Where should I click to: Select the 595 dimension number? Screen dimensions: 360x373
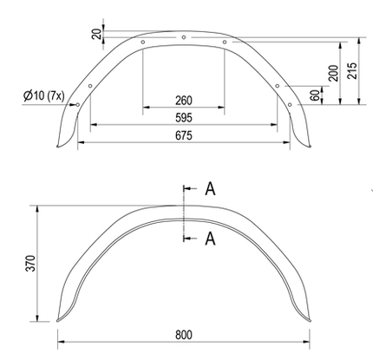click(x=183, y=117)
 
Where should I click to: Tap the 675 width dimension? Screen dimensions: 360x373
click(x=183, y=135)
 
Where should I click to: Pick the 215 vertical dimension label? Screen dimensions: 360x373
click(x=350, y=71)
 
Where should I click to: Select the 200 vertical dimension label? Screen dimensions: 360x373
click(x=333, y=74)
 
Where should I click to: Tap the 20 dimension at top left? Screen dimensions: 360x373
click(x=95, y=33)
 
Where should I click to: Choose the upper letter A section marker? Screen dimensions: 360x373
click(x=210, y=189)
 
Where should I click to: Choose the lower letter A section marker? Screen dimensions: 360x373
click(x=210, y=239)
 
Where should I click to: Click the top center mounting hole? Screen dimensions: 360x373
click(x=184, y=36)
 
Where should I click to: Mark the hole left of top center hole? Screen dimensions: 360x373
click(x=142, y=42)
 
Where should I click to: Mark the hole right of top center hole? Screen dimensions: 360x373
click(x=225, y=42)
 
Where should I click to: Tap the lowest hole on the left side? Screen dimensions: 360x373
click(x=78, y=104)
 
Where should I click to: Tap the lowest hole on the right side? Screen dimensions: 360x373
click(x=289, y=104)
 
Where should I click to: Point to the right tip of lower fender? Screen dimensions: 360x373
click(x=307, y=313)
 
